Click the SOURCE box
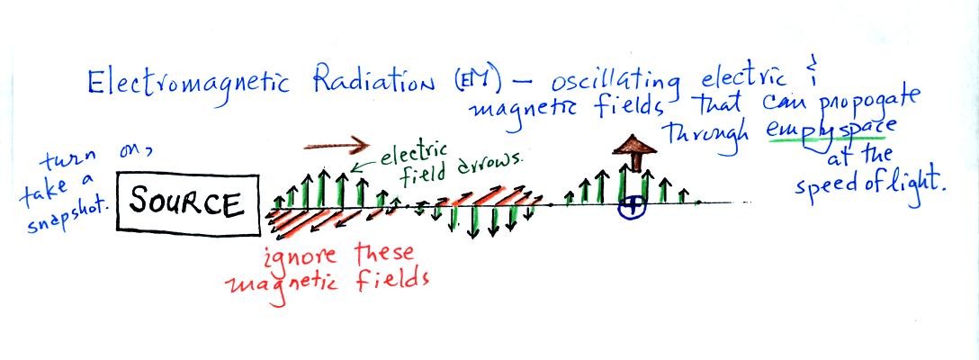pos(187,205)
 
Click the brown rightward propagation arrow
pos(337,147)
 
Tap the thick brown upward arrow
pos(634,153)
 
